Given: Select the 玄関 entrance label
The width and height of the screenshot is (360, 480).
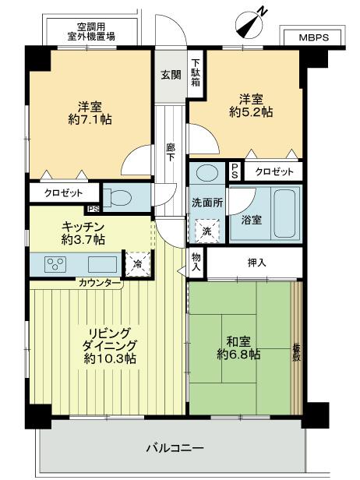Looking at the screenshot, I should coord(171,75).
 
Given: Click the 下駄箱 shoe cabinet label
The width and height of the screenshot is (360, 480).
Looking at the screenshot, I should coord(196,72).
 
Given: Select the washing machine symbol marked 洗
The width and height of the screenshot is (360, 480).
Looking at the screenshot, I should coord(207,231).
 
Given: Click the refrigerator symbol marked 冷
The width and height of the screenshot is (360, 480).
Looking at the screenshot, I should coord(136,264).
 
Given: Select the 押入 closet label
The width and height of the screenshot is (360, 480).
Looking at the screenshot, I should coord(256,263).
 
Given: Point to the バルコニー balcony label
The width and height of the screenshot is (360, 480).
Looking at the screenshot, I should coord(175,449).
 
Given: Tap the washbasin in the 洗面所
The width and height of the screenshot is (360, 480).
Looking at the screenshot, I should coord(208,173).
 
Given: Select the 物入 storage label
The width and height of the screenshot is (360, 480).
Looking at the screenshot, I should coord(196,263).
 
